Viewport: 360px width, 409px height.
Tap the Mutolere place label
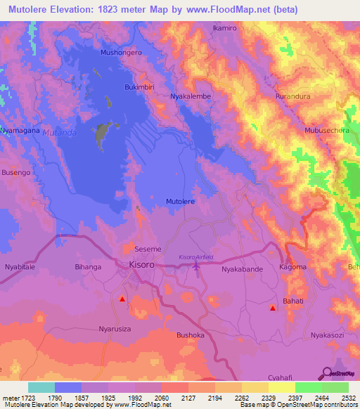click(x=180, y=202)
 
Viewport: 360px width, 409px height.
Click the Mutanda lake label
click(x=59, y=131)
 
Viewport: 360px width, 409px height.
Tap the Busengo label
click(x=16, y=172)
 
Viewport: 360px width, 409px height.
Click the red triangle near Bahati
click(x=273, y=308)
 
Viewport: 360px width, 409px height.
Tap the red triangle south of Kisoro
click(x=122, y=299)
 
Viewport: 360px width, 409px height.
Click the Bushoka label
click(x=191, y=335)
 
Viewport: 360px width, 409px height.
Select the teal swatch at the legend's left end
click(x=41, y=387)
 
